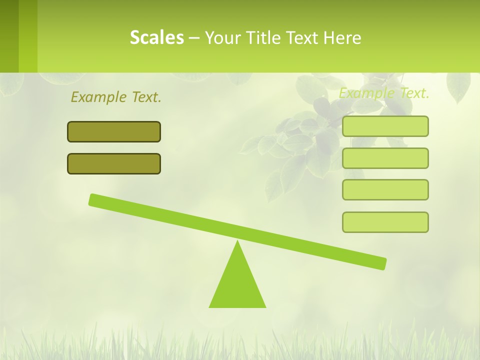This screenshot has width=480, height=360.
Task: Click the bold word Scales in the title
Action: tap(156, 37)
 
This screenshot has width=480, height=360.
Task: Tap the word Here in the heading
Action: tap(342, 37)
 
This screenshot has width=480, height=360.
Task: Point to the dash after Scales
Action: tap(194, 38)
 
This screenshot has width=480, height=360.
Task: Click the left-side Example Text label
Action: tap(116, 97)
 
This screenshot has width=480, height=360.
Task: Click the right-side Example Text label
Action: tap(384, 93)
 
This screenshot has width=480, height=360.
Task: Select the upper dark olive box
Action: tap(114, 131)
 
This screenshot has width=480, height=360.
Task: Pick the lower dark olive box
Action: tap(114, 163)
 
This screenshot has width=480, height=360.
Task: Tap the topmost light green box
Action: tap(385, 126)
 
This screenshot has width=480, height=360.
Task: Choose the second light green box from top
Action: tap(385, 158)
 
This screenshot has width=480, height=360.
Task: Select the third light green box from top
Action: tap(385, 189)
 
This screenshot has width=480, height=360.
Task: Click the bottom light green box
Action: tap(385, 222)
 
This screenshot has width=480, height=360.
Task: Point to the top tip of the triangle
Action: tap(237, 242)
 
